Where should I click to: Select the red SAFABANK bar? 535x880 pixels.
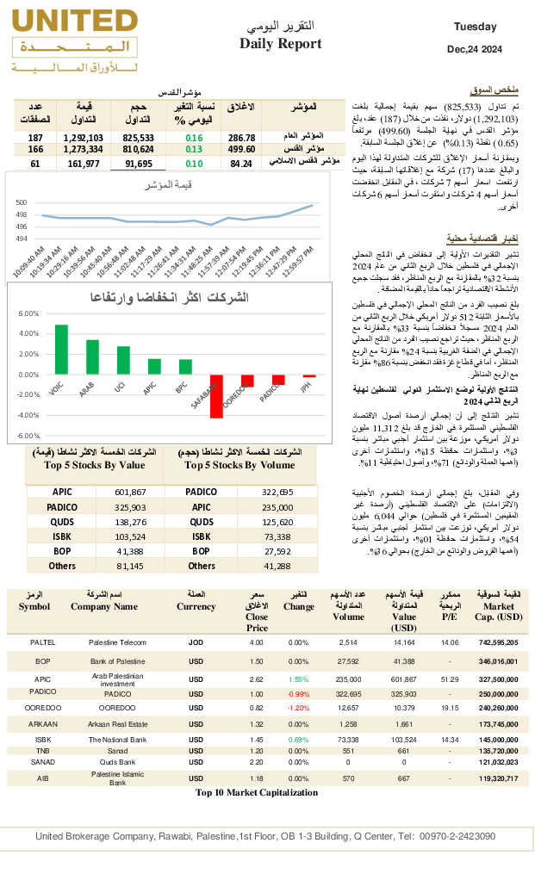pyautogui.click(x=216, y=396)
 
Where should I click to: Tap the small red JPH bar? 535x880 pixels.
pyautogui.click(x=309, y=376)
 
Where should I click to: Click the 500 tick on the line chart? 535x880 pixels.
pyautogui.click(x=22, y=202)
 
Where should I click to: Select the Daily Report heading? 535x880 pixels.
pyautogui.click(x=281, y=44)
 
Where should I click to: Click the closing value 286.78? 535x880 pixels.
pyautogui.click(x=241, y=138)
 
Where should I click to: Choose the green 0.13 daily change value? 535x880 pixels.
pyautogui.click(x=194, y=149)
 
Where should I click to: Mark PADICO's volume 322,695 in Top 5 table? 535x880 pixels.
pyautogui.click(x=277, y=492)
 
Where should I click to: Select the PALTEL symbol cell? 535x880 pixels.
pyautogui.click(x=42, y=642)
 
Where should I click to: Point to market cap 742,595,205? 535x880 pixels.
pyautogui.click(x=493, y=642)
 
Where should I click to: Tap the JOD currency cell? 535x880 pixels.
pyautogui.click(x=196, y=642)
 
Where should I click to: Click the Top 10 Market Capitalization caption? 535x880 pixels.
pyautogui.click(x=256, y=793)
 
